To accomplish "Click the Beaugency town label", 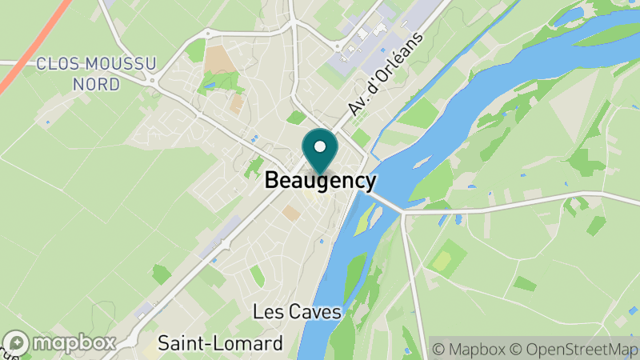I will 320,181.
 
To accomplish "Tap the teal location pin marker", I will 320,152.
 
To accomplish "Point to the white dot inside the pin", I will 320,146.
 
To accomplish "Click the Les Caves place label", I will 297,312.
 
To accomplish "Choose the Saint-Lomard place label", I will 220,344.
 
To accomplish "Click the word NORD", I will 96,83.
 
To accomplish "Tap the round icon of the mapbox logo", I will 16,343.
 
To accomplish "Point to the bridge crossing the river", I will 386,199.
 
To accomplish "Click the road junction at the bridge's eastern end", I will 404,213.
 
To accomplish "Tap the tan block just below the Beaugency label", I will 291,213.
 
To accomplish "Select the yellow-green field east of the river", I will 441,261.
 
